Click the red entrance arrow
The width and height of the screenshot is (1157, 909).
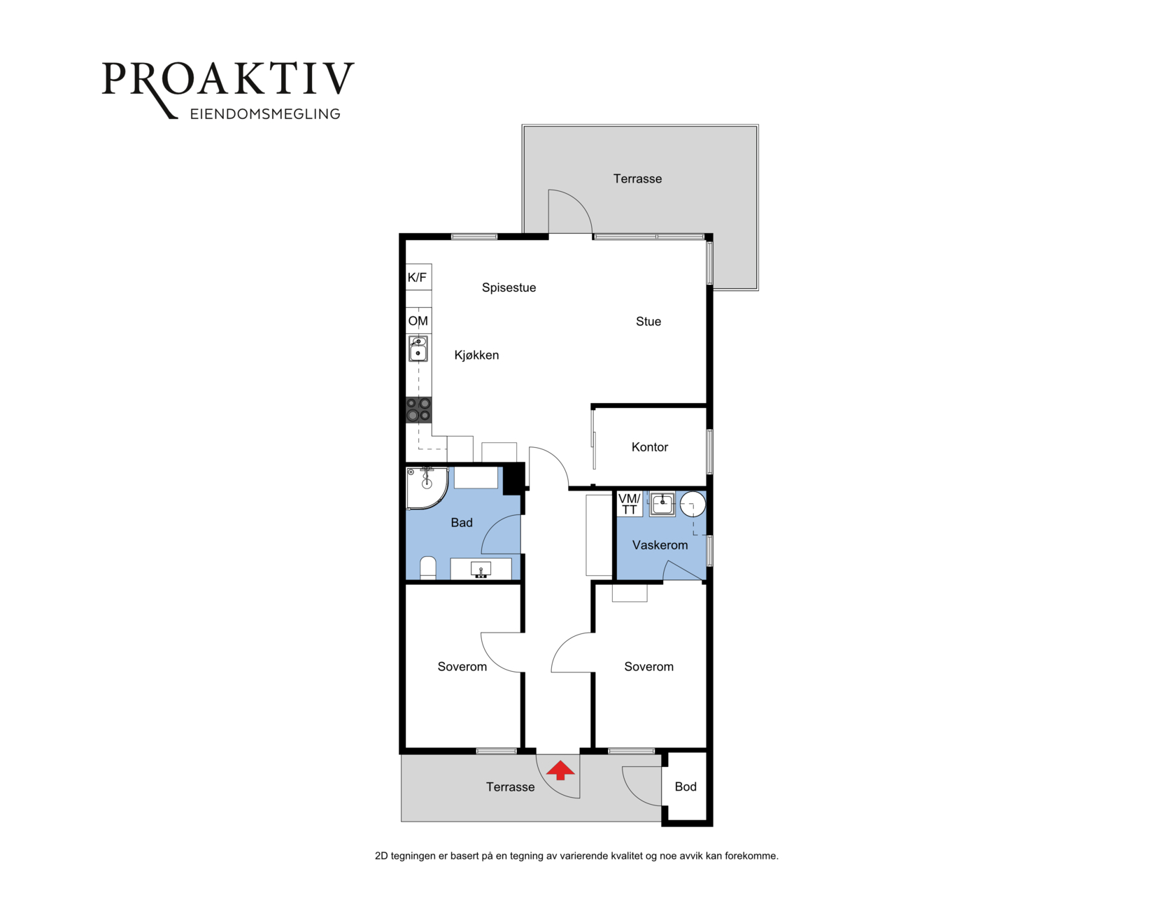coord(560,770)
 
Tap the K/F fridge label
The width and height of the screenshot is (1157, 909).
coord(417,277)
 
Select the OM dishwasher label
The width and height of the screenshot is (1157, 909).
coord(418,321)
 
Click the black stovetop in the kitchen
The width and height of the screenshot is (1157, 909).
coord(418,409)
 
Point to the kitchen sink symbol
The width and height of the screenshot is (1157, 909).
coord(418,348)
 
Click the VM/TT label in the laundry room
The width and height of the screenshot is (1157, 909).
coord(630,504)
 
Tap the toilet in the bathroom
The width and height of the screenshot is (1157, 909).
coord(428,568)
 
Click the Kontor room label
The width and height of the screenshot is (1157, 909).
coord(650,446)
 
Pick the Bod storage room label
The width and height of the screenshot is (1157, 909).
coord(686,787)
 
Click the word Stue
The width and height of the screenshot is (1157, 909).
coord(648,321)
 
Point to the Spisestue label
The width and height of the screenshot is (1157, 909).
coord(509,288)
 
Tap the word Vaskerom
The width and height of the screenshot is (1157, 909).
coord(660,544)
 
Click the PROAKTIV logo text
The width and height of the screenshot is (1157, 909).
coord(228,80)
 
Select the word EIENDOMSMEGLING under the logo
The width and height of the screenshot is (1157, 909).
coord(265,114)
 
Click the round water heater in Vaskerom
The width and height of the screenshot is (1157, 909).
coord(693,504)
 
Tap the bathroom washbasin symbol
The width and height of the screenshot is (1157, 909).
coord(481,570)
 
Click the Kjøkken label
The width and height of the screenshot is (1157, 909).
coord(476,355)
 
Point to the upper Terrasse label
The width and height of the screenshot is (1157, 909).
coord(637,179)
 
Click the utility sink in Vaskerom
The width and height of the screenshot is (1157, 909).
coord(662,504)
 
